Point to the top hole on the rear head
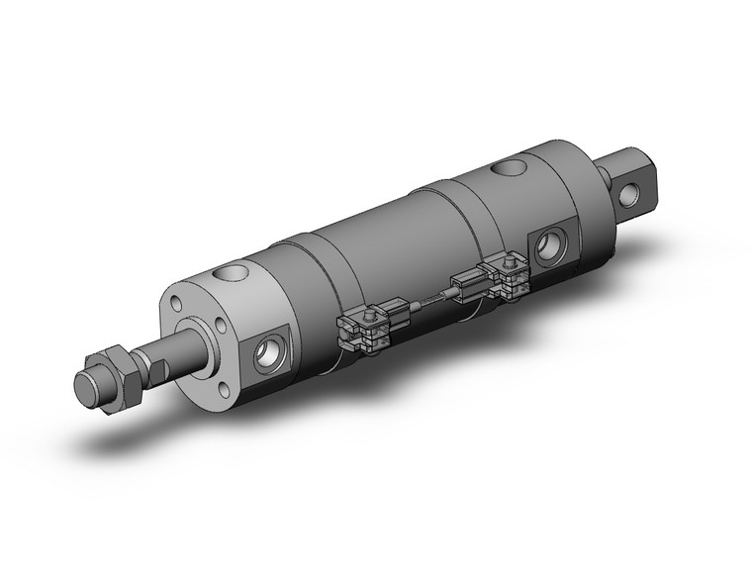point(513,167)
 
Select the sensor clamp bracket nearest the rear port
point(510,276)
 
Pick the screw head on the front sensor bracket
point(367,314)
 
